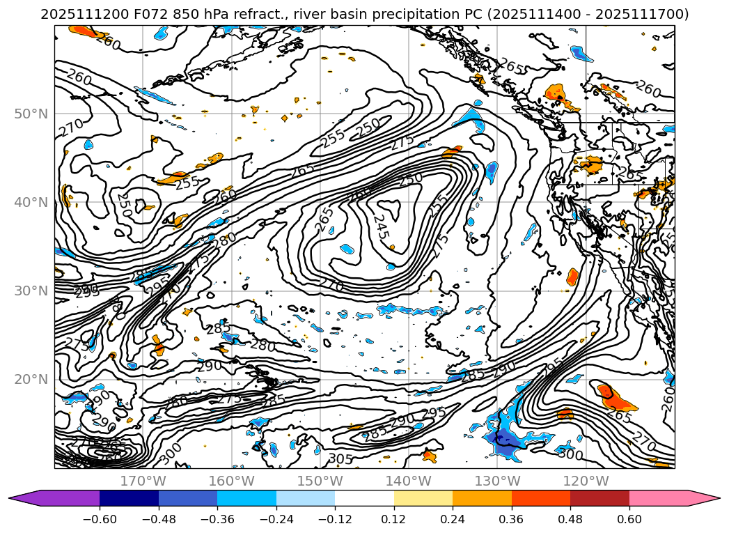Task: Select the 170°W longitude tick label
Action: (x=143, y=481)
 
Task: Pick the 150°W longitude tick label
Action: (x=321, y=481)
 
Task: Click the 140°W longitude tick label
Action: (x=409, y=481)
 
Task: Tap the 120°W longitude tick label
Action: (x=587, y=481)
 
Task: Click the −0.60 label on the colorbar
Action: (x=99, y=518)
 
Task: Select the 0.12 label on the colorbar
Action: (x=394, y=518)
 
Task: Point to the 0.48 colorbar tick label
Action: (x=570, y=518)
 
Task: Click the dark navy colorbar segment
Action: (x=129, y=498)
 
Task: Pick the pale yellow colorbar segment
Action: (x=423, y=498)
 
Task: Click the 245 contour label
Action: (x=379, y=228)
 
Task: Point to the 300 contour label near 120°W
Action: (x=570, y=454)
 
